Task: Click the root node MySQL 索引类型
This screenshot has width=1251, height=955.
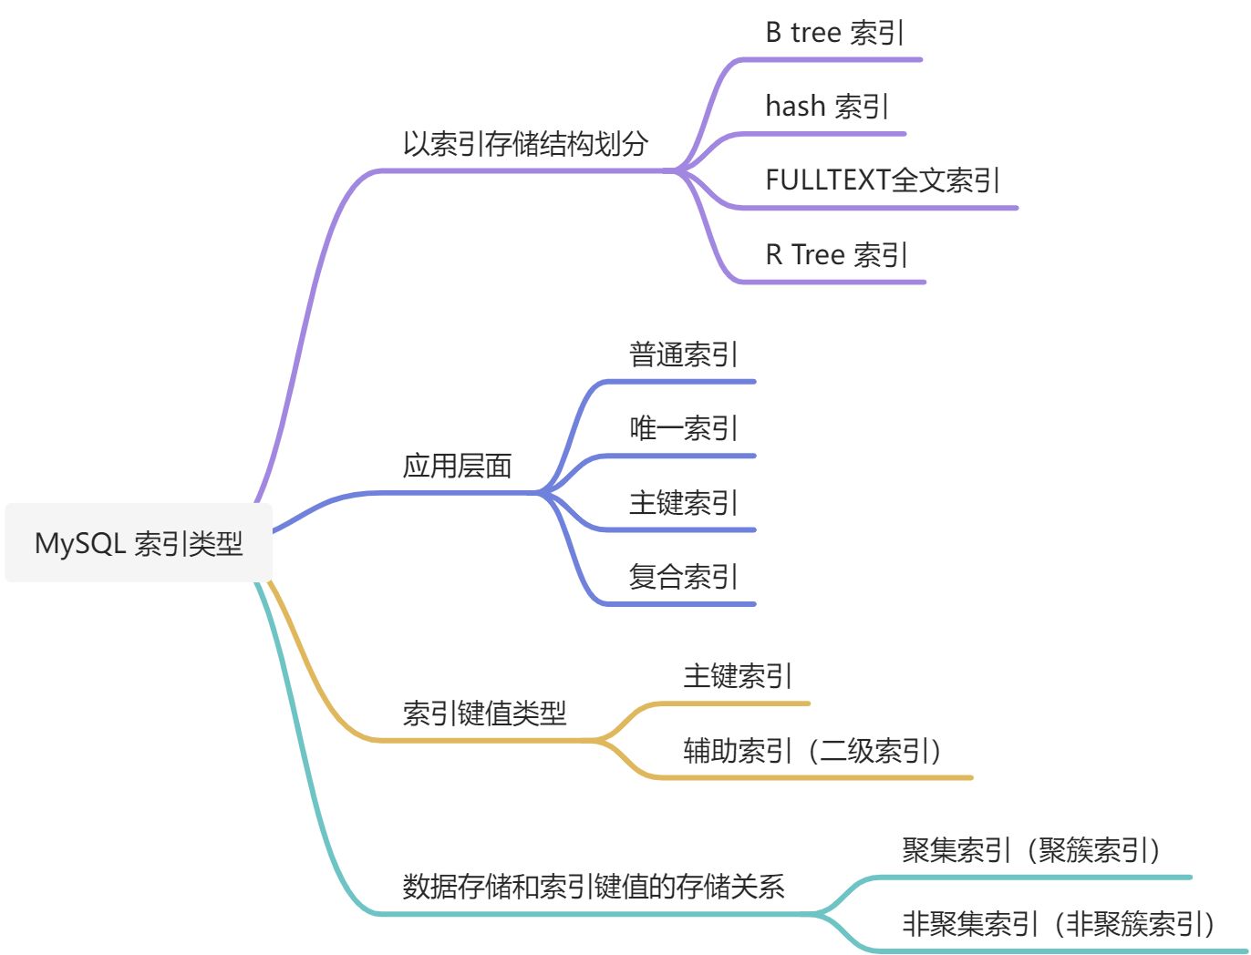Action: [139, 543]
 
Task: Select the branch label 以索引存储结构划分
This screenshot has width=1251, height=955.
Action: [525, 144]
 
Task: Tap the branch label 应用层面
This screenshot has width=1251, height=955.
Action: [457, 466]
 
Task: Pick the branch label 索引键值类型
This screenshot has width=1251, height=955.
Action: [484, 713]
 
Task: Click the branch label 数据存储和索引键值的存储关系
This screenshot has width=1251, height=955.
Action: [593, 886]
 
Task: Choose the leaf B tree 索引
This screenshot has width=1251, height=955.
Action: [834, 33]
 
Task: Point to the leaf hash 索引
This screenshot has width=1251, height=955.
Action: [826, 107]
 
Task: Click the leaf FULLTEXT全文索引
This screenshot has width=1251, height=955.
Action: [882, 180]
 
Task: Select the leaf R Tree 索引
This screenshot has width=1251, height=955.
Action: [836, 254]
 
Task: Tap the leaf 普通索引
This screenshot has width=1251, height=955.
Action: [683, 354]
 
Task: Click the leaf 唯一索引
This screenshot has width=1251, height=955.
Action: [683, 428]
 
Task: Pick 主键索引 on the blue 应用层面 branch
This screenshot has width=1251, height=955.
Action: [683, 502]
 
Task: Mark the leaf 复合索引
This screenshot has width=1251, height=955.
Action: [683, 576]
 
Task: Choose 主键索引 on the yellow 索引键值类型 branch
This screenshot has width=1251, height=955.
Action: [738, 676]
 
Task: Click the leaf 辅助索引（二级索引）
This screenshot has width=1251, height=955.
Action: [812, 750]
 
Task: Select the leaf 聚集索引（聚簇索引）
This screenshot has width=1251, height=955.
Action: [1031, 850]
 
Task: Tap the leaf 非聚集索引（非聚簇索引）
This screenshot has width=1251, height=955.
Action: [1059, 924]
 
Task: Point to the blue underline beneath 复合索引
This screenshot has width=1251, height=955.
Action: [679, 603]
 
